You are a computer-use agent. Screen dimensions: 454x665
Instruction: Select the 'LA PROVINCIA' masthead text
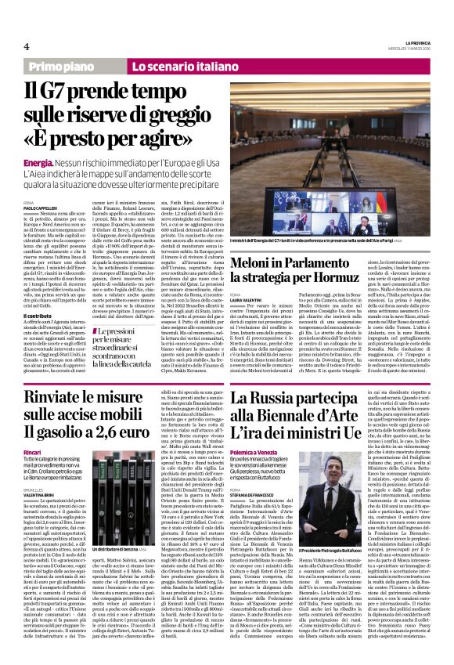(x=413, y=40)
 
